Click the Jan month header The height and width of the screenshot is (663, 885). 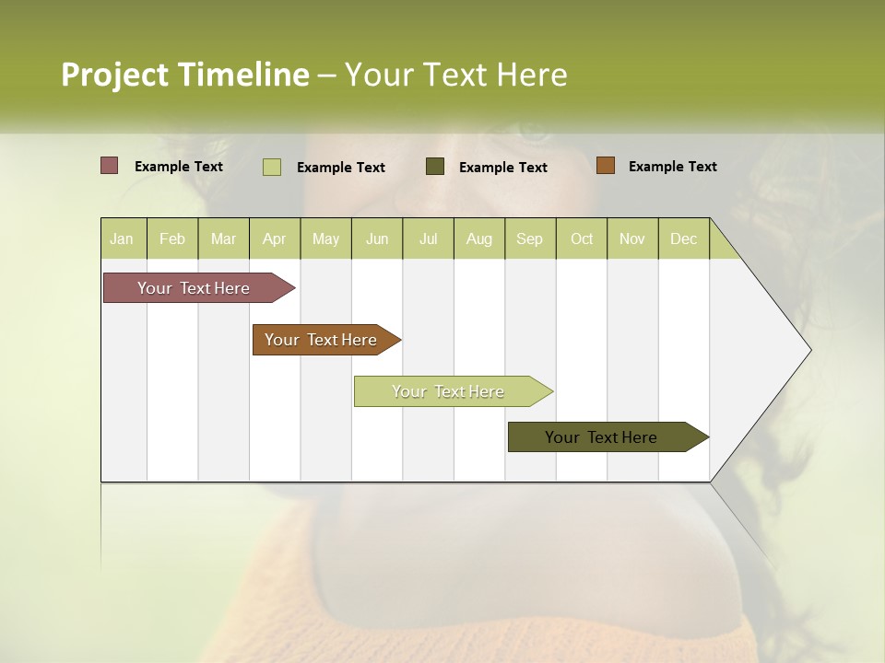point(123,238)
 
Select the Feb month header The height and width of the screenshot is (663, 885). point(172,238)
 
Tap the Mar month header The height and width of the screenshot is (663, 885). point(223,238)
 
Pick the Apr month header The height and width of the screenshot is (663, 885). point(275,238)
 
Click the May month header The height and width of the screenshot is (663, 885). point(325,238)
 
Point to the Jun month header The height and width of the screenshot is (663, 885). point(377,238)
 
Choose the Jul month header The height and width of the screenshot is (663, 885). point(428,238)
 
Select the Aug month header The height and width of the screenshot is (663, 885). point(479,238)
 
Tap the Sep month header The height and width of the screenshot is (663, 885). point(530,238)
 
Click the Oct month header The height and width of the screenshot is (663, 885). point(582,238)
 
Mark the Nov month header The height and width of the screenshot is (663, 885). point(632,238)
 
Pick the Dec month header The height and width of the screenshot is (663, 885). point(684,238)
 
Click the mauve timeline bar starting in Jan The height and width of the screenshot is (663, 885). point(195,288)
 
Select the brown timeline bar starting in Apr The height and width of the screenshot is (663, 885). point(322,340)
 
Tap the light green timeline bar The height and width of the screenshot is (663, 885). point(449,391)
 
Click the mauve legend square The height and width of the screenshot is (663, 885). point(110,166)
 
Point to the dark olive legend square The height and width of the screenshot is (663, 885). point(435,166)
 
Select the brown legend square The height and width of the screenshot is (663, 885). point(605,166)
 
